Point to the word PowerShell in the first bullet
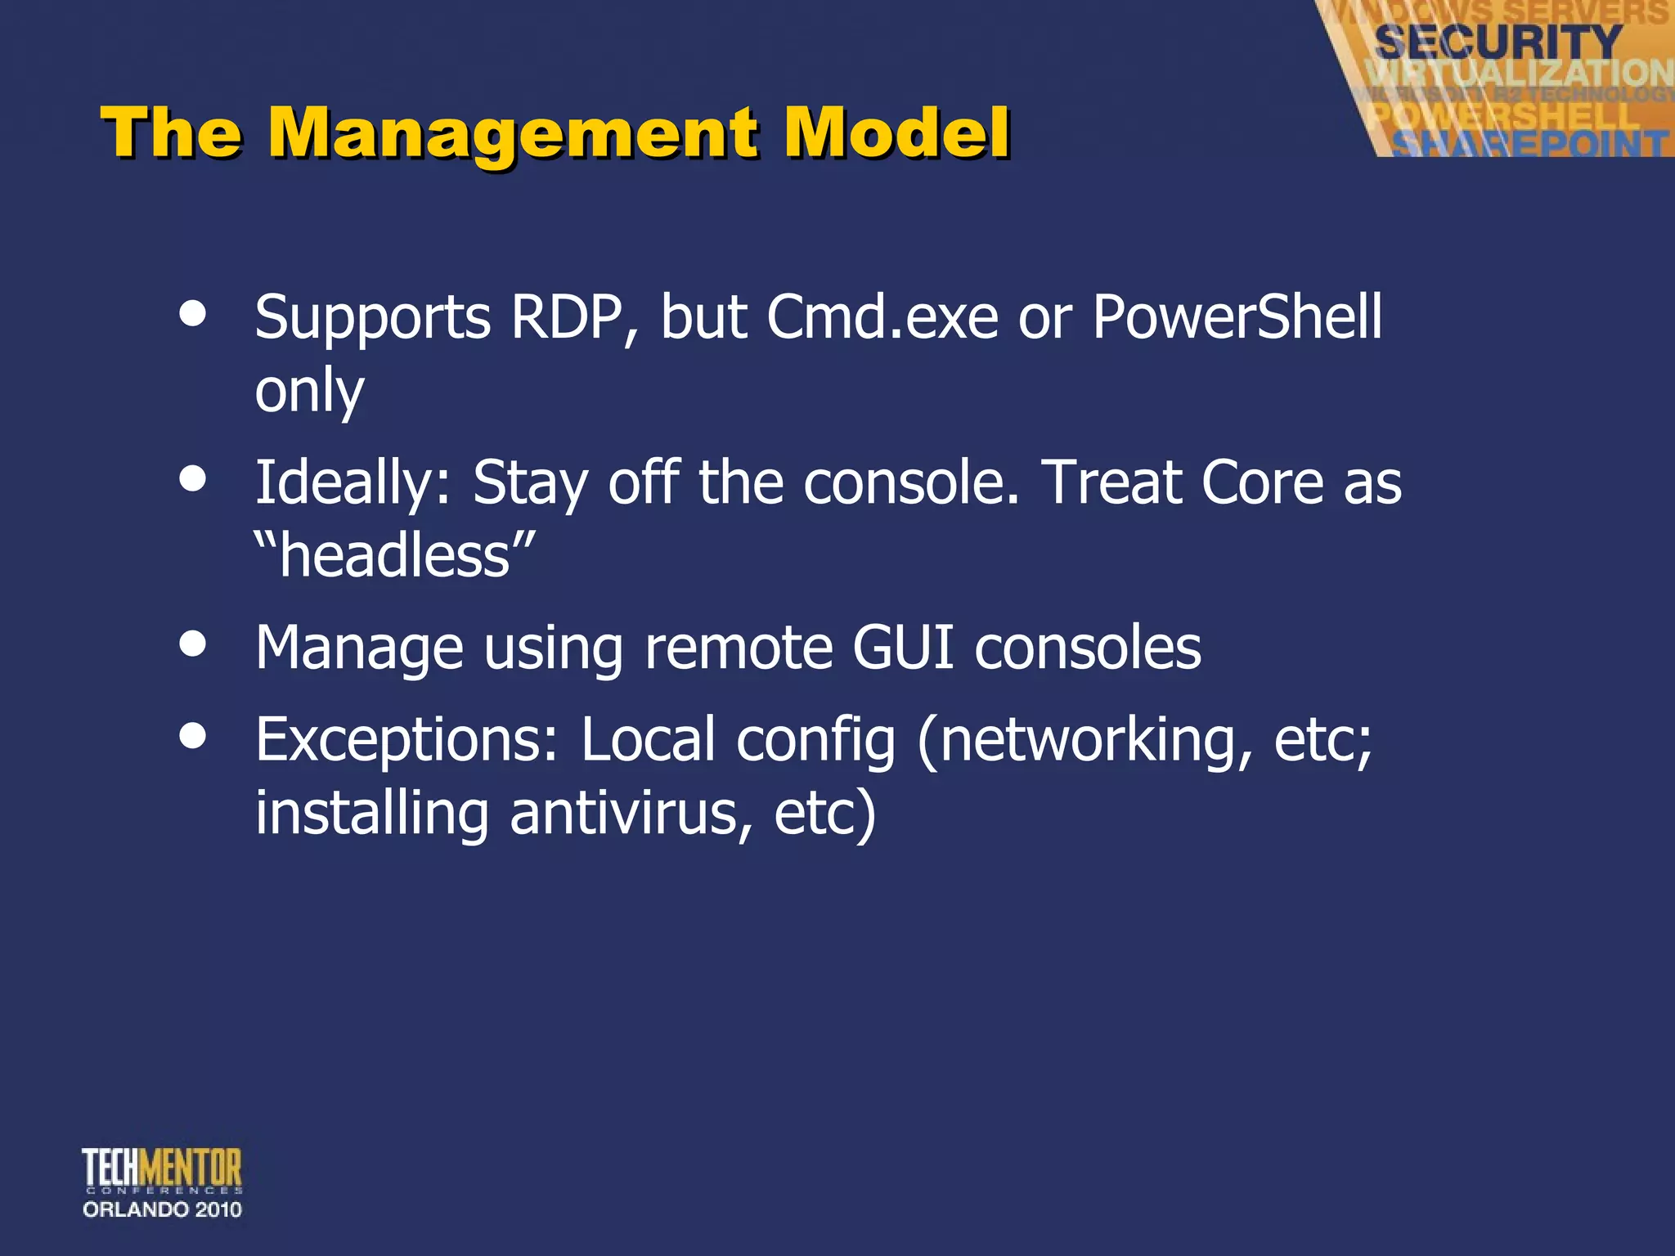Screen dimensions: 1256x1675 pos(1237,317)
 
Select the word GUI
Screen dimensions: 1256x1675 pos(903,648)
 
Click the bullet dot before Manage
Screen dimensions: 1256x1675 pos(193,643)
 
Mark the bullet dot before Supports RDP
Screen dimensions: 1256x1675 pos(193,314)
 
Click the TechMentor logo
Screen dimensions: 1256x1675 pos(162,1169)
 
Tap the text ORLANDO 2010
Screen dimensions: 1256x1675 pos(162,1209)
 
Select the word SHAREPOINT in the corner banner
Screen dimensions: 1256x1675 pos(1529,144)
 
